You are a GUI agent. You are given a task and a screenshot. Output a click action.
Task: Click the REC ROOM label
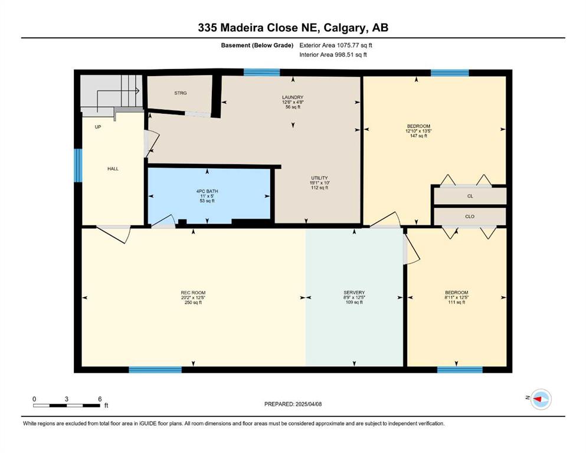tap(193, 293)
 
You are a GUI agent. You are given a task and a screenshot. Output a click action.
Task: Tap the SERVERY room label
tap(354, 293)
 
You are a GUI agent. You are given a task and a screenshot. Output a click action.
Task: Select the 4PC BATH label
tap(207, 191)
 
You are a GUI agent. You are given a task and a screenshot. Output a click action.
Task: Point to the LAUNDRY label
tap(293, 97)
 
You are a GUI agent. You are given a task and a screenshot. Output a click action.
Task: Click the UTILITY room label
tap(319, 178)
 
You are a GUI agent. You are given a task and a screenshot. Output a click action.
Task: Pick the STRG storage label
tap(181, 93)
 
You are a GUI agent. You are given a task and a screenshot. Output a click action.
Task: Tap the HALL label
tap(113, 169)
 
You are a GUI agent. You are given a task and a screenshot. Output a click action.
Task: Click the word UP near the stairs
tap(98, 127)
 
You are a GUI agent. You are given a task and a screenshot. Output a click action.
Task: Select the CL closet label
tap(470, 196)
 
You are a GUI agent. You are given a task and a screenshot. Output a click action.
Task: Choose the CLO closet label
tap(470, 216)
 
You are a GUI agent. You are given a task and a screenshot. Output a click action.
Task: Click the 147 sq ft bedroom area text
tap(418, 136)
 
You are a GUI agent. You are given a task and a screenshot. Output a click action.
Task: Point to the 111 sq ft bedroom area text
tap(457, 303)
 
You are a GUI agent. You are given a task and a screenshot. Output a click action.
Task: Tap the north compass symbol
tap(541, 399)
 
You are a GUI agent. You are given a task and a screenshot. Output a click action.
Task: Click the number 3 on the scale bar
tap(67, 399)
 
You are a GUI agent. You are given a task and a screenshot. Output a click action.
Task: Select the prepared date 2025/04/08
tap(309, 404)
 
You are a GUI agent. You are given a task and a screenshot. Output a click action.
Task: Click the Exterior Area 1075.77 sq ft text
tap(336, 45)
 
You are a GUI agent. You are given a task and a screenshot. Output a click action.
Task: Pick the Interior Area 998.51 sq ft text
tap(333, 55)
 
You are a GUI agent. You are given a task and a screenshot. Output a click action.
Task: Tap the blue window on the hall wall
tap(78, 165)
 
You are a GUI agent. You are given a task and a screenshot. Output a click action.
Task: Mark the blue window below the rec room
tap(155, 370)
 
